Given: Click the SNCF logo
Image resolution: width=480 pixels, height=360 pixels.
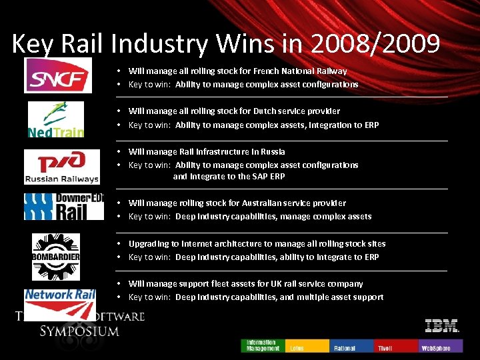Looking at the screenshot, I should pyautogui.click(x=58, y=75).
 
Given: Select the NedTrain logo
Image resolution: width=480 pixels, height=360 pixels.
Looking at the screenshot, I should pyautogui.click(x=55, y=119).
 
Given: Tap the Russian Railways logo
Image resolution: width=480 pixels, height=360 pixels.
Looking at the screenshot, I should pyautogui.click(x=61, y=166).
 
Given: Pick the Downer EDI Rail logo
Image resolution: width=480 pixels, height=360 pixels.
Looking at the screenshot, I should pyautogui.click(x=64, y=207).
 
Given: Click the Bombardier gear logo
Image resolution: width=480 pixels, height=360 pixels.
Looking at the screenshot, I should pyautogui.click(x=56, y=257).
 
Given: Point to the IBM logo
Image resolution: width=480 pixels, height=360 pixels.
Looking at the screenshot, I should pyautogui.click(x=441, y=326).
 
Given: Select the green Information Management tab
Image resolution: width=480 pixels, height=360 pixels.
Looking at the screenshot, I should pyautogui.click(x=263, y=345).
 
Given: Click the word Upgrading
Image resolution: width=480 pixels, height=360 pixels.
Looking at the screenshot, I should pyautogui.click(x=149, y=244).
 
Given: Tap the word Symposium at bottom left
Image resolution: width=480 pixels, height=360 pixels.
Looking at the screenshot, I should pyautogui.click(x=79, y=331).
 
